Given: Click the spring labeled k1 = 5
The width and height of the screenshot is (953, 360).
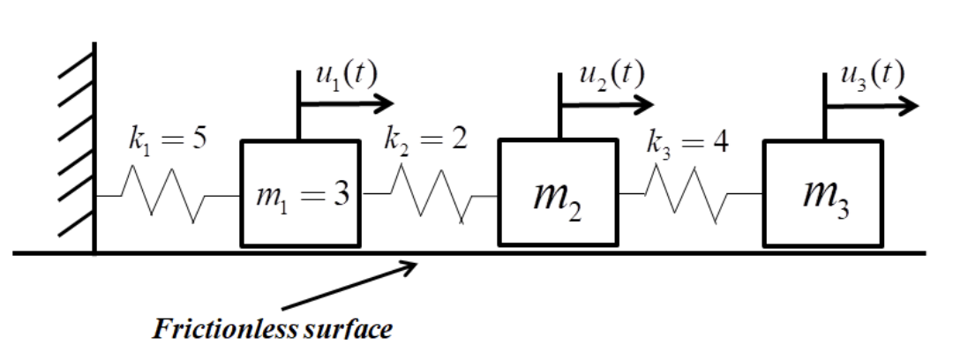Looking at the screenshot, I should coord(162,194).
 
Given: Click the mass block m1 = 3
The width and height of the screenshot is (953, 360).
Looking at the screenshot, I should coord(300,192).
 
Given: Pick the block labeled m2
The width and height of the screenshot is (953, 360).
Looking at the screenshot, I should coord(558,192).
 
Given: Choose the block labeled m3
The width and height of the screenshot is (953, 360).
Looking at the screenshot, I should coord(822,192).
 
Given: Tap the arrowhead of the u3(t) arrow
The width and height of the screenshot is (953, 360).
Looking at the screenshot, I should coord(909,107).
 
